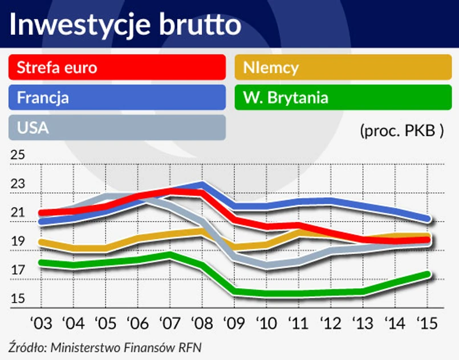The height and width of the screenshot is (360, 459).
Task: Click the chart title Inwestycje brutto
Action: coord(124,26)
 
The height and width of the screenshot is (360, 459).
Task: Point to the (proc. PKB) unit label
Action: coord(401,130)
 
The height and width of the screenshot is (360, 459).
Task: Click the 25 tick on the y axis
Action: coord(18,155)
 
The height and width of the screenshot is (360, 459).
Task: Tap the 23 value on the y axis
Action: coord(18,184)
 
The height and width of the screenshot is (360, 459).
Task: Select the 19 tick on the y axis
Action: coord(18,242)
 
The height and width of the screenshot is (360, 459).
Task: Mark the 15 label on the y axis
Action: coord(18,299)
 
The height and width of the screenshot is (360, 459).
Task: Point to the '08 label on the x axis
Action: coord(201,323)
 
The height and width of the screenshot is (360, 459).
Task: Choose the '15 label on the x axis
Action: coord(427,323)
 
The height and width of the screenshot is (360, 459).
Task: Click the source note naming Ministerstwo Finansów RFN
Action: coord(105,347)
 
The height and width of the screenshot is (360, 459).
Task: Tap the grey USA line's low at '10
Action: coord(266,265)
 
